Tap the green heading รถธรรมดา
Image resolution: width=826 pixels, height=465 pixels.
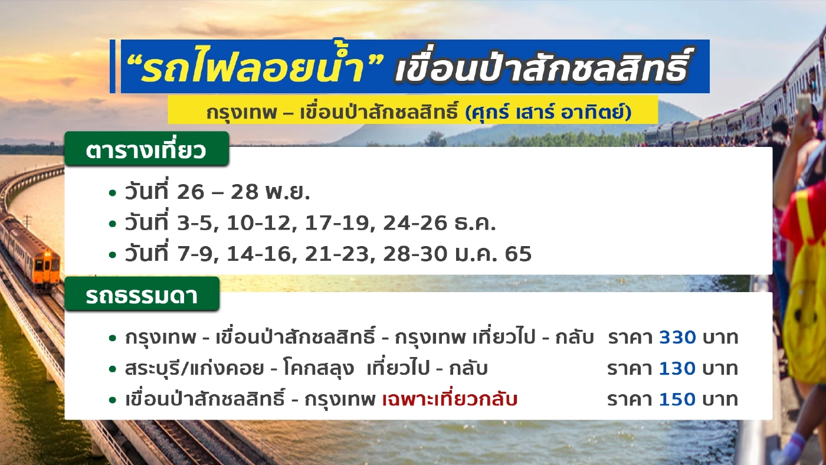click(142, 296)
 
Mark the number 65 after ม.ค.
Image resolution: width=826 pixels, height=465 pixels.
click(519, 254)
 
